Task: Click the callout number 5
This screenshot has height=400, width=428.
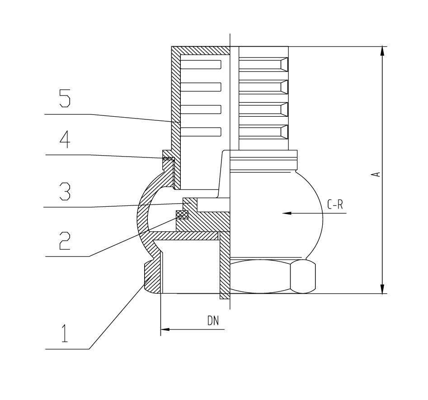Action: point(65,98)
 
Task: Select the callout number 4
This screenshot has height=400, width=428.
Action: point(65,140)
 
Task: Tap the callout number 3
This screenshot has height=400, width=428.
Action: point(65,191)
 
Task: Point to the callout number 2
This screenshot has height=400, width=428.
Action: point(65,241)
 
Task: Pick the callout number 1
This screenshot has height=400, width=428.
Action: point(65,333)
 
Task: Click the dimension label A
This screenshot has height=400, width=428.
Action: point(376,174)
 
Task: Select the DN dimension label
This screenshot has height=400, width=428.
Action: point(213,321)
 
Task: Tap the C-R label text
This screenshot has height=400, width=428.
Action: point(334,205)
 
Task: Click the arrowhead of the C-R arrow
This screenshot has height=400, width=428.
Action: point(287,213)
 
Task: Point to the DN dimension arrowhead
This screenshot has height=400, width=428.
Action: point(165,329)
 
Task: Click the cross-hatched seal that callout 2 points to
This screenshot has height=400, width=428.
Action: point(182,214)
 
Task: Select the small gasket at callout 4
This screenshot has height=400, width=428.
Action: point(168,158)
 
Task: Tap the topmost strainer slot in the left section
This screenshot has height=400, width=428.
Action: point(201,64)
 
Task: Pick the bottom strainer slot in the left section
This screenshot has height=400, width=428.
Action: point(201,132)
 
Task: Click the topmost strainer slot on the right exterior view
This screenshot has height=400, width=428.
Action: point(263,65)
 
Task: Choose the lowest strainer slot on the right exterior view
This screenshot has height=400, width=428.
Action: point(263,132)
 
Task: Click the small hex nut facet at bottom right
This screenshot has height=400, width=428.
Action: point(303,277)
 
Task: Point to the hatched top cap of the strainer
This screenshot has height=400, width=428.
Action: point(201,50)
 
